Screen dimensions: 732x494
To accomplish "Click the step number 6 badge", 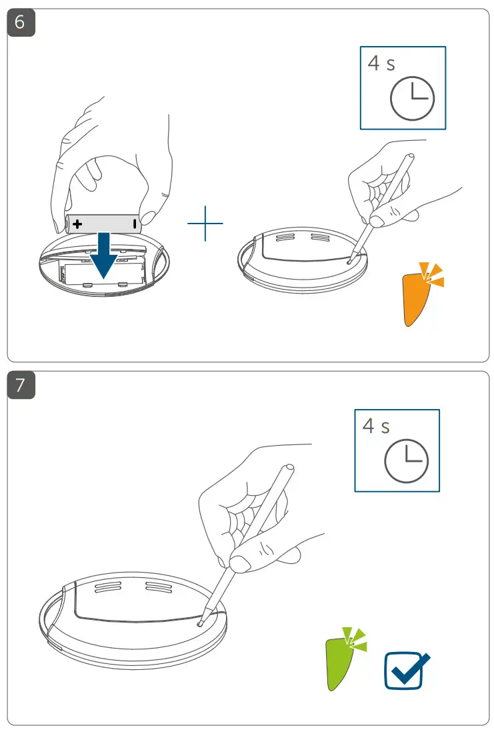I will click(21, 22).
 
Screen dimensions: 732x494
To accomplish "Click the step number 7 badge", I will click(21, 386).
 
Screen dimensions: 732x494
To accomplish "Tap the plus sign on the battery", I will click(78, 224).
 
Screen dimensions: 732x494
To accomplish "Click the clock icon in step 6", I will click(412, 99).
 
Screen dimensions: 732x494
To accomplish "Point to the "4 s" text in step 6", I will click(381, 63).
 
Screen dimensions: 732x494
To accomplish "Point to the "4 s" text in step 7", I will click(376, 426).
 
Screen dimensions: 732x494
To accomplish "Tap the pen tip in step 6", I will click(351, 262).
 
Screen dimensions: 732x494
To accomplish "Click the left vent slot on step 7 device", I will click(107, 587).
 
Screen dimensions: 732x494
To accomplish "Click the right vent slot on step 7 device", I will click(159, 587).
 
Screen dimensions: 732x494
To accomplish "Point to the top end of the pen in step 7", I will click(289, 469).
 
